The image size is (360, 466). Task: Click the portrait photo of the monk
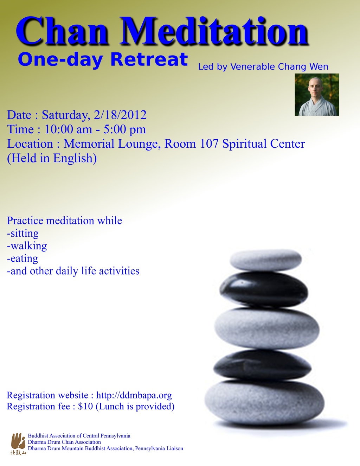point(317,95)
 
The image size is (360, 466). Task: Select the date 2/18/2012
point(120,115)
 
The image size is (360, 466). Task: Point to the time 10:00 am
point(68,129)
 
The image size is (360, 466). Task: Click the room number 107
point(209,144)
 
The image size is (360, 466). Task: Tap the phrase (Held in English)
point(52,158)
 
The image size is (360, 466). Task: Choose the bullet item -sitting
point(23,233)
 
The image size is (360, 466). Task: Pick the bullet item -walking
point(27,246)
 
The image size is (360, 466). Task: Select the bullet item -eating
point(22,258)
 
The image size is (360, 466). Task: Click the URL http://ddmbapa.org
point(134,395)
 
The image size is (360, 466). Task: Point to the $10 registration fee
point(85,406)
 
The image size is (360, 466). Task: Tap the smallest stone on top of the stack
point(266,260)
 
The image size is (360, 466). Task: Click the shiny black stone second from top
point(264,289)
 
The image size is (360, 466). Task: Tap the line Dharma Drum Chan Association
point(64,442)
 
